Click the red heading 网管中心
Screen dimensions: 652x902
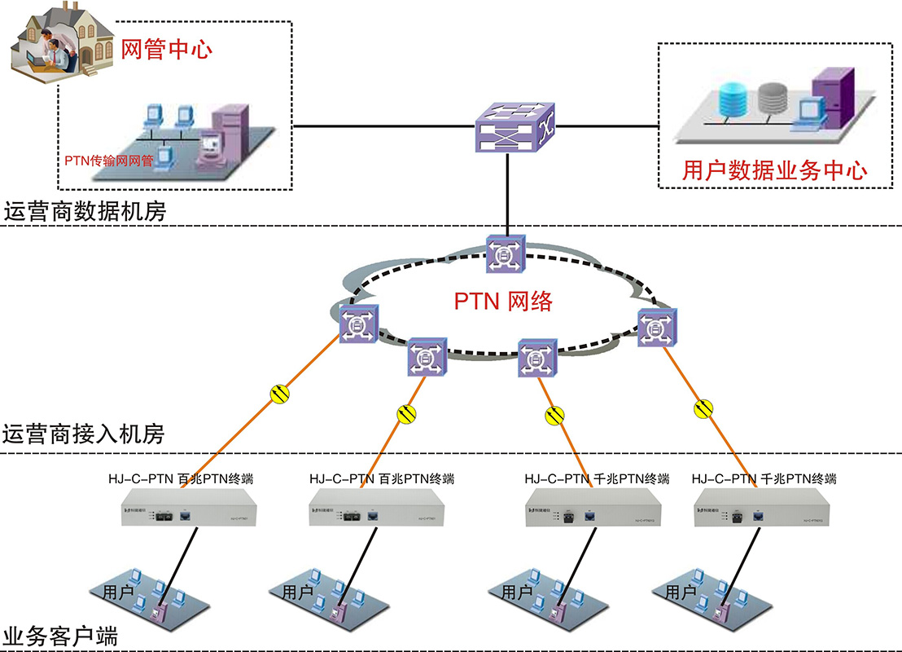tap(166, 49)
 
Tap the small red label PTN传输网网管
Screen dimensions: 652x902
tap(109, 161)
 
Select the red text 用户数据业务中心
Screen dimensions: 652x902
tap(774, 170)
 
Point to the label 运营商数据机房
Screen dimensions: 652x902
tap(85, 213)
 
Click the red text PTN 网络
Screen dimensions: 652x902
tap(503, 302)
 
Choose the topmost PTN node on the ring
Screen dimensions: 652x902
tap(506, 253)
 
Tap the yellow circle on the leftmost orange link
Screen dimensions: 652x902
tap(279, 394)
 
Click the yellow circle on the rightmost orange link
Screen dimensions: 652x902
tap(705, 407)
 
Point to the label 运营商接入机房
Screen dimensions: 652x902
tap(84, 434)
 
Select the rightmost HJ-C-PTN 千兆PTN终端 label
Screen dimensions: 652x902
tap(763, 478)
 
